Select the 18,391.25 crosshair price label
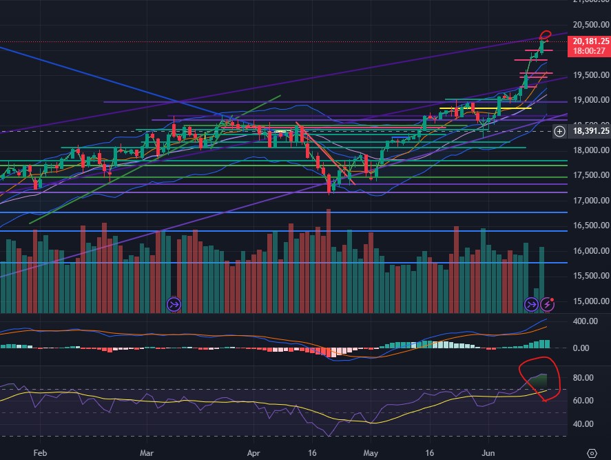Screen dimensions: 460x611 tap(590, 131)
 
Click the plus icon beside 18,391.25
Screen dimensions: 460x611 tap(559, 131)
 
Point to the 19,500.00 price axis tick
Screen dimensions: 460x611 tap(590, 75)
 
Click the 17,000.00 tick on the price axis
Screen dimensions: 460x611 tap(590, 201)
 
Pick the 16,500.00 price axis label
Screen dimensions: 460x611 tap(590, 226)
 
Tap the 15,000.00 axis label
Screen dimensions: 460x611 tap(590, 301)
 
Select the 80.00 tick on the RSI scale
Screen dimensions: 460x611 tap(583, 378)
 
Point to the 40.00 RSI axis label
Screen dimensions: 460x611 tap(583, 424)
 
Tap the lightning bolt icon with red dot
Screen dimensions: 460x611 tap(548, 303)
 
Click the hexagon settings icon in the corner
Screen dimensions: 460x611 tap(592, 453)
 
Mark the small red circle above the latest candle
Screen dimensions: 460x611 tap(545, 34)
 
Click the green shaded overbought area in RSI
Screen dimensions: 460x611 tap(539, 381)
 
